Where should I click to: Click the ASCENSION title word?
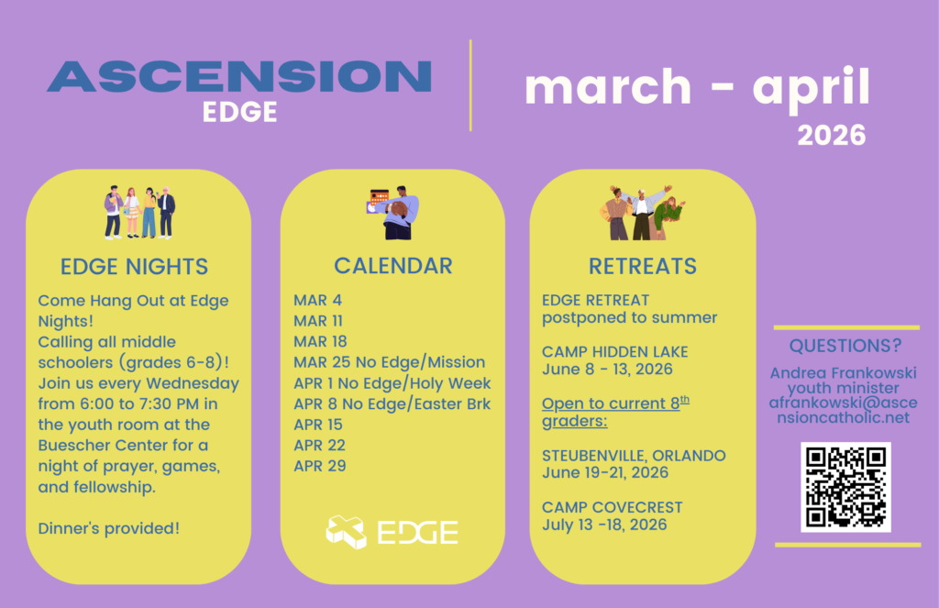pos(239,76)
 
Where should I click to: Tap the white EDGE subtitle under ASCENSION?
pos(239,112)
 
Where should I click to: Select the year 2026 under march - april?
pos(831,136)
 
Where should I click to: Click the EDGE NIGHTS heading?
pos(134,267)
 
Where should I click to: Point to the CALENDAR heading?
pos(392,266)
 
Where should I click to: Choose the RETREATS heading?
pos(643,266)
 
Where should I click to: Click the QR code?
pos(845,487)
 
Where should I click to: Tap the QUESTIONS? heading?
pos(845,346)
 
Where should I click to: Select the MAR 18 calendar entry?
pos(320,341)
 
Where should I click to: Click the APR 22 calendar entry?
pos(319,445)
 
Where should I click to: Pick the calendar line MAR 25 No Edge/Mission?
pos(389,362)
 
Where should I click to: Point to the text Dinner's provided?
pos(108,528)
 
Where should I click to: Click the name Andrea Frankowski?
pos(844,372)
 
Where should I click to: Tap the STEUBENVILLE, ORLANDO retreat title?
pos(634,455)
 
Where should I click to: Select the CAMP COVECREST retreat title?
pos(612,507)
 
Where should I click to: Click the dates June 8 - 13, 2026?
pos(607,369)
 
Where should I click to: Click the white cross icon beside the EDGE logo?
pos(346,532)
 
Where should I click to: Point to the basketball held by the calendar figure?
pos(398,210)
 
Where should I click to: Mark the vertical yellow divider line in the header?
pos(470,85)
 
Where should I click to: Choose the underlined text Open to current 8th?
pos(615,403)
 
